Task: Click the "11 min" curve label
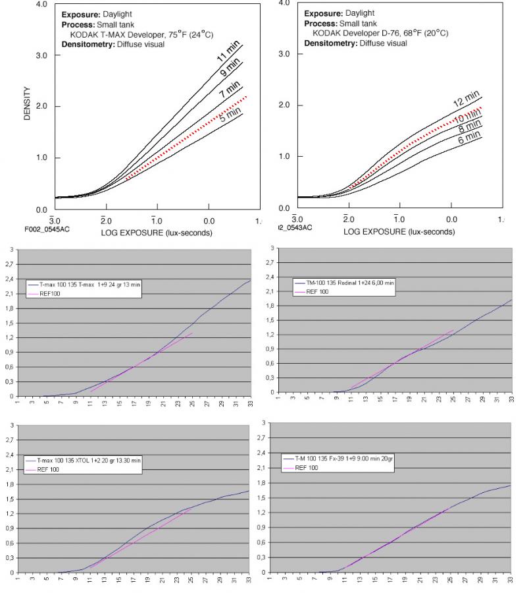(227, 51)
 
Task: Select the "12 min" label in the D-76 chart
(466, 99)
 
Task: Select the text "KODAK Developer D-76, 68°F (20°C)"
(380, 33)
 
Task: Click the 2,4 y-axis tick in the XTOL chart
(9, 454)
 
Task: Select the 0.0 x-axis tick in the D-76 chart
(451, 219)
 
